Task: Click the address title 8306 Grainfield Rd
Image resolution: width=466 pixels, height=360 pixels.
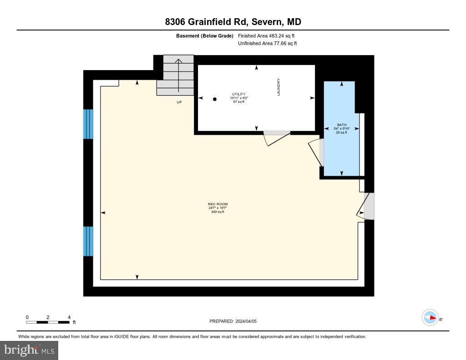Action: (233, 22)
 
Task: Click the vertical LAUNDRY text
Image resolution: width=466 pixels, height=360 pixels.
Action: (279, 87)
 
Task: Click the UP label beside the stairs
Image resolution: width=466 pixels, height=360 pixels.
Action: (179, 102)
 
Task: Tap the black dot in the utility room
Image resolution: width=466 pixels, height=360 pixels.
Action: (215, 99)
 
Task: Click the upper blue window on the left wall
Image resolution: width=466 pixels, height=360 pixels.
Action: (88, 124)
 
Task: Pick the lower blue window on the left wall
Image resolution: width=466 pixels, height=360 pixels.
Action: (88, 241)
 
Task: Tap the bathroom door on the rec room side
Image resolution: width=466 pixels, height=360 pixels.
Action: (317, 153)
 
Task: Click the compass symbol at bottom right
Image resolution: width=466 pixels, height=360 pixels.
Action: (430, 317)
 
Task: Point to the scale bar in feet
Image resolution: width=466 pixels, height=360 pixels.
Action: (48, 322)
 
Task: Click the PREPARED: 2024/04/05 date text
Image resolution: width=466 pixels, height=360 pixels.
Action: (233, 321)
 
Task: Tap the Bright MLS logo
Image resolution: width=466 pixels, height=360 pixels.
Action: (29, 350)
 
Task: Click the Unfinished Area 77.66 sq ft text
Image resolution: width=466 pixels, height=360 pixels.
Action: (267, 44)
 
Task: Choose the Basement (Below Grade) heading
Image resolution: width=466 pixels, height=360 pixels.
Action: (204, 35)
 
